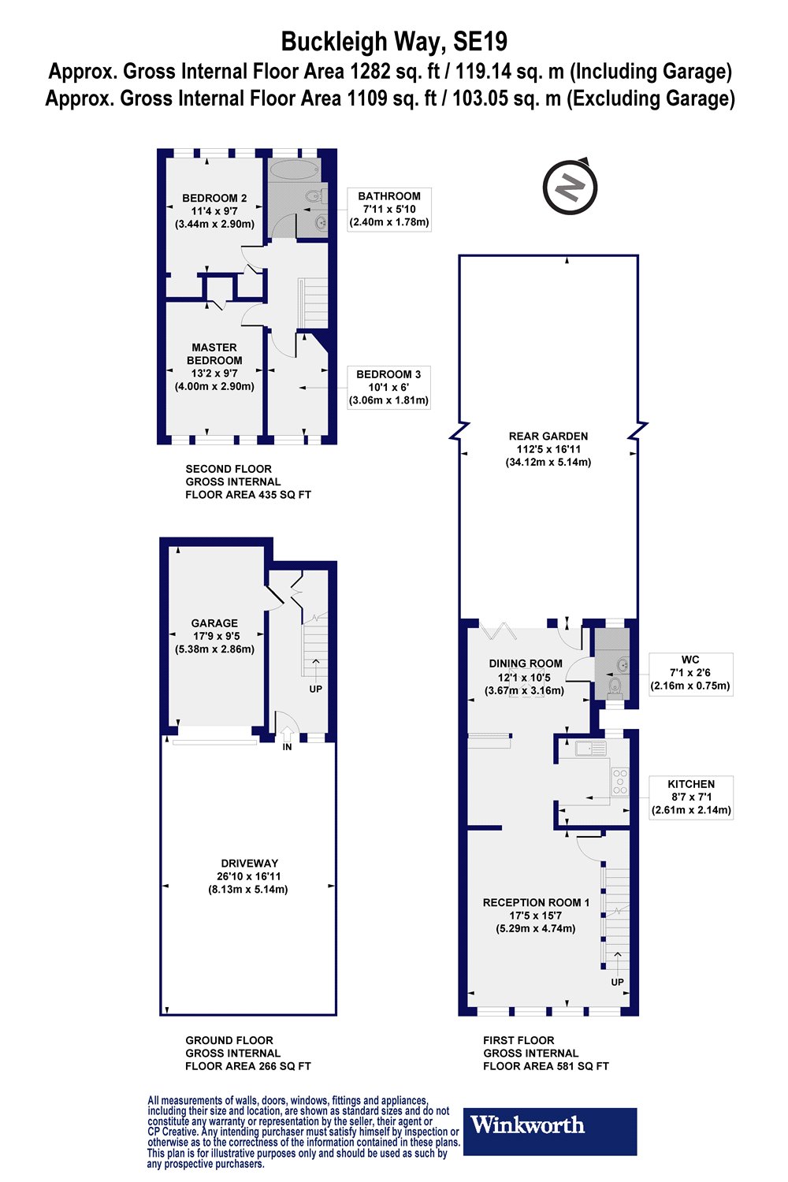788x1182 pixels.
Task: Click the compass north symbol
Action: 571,186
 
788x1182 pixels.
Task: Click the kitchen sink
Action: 590,748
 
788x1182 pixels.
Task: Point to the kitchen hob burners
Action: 620,782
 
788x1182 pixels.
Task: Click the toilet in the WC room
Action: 615,686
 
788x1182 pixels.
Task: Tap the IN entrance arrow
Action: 287,734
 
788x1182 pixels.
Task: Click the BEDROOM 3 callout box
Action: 388,388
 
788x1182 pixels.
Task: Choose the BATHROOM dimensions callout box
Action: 389,209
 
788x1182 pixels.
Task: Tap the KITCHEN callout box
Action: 691,797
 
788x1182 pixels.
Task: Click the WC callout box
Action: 690,673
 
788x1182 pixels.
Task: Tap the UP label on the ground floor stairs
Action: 316,689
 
